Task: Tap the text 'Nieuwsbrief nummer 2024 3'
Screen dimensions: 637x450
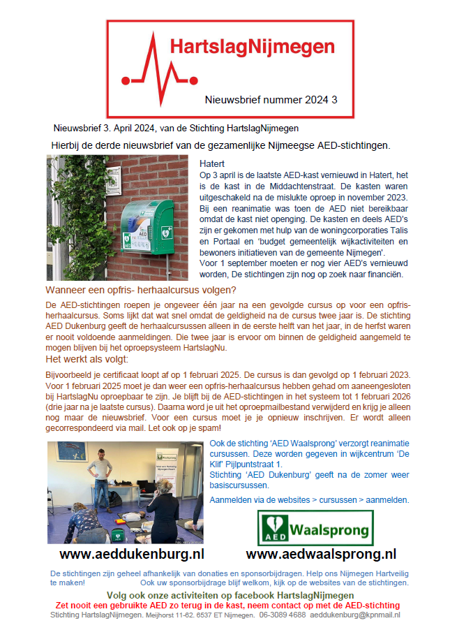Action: (271, 100)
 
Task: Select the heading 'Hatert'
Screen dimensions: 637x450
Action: (212, 163)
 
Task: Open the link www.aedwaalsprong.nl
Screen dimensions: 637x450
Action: (321, 554)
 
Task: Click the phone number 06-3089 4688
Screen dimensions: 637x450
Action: (283, 615)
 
